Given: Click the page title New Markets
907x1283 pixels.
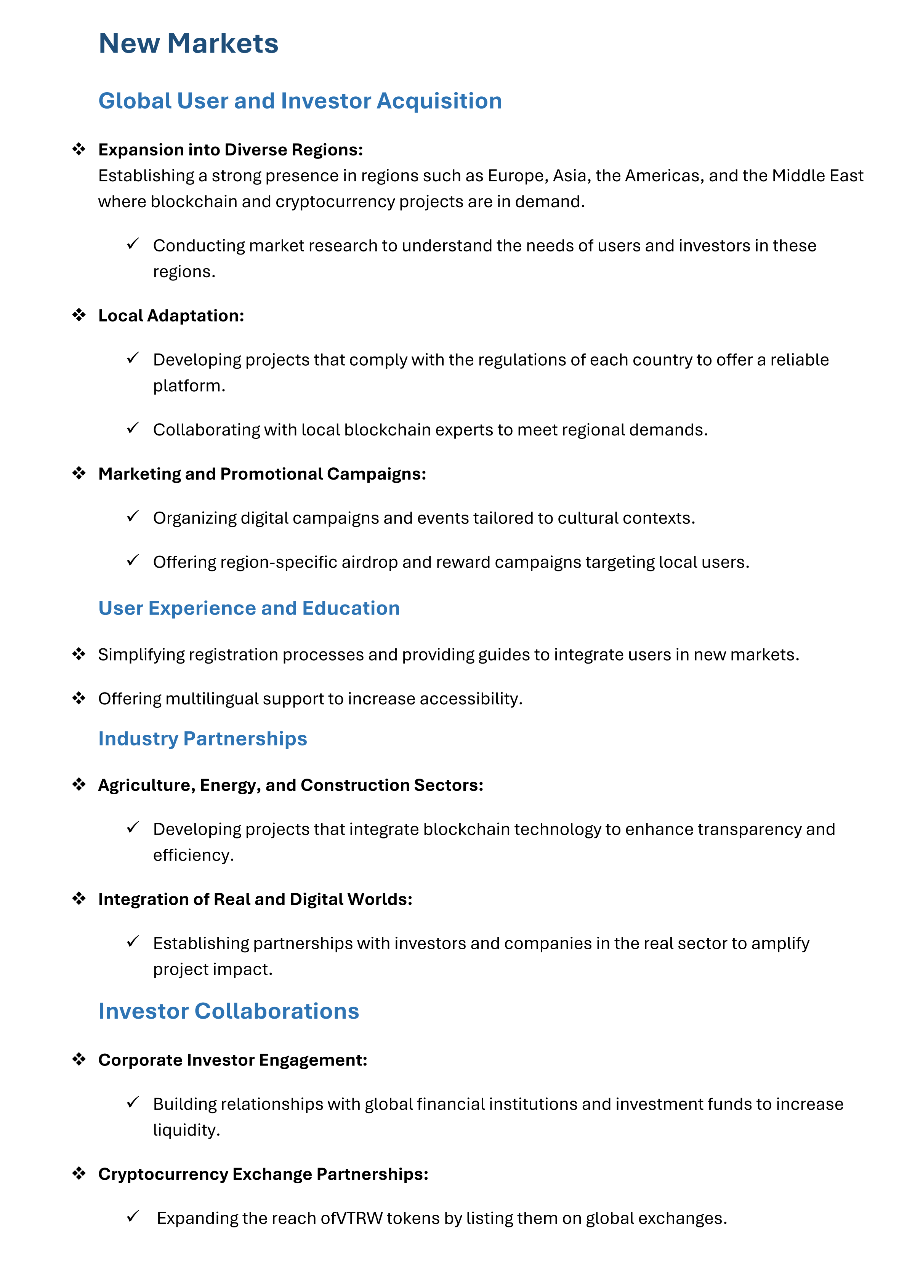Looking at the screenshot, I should [x=188, y=43].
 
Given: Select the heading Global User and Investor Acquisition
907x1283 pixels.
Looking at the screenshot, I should [x=300, y=101].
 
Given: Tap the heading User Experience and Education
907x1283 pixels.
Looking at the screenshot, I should [x=249, y=608].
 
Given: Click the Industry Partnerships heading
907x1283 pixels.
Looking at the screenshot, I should [x=202, y=739].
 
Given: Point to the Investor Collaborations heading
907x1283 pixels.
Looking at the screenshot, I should [x=228, y=1011].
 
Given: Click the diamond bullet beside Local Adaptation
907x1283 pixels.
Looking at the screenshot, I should [x=79, y=315].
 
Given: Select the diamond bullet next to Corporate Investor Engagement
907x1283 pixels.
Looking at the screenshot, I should [x=79, y=1059].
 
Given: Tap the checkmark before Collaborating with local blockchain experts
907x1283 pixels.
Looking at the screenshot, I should [x=133, y=429].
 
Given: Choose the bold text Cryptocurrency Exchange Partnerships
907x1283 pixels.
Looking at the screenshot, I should [x=263, y=1174].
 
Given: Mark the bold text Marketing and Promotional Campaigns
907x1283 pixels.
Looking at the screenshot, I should [x=262, y=474].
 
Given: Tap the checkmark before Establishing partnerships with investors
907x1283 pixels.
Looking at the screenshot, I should [x=133, y=942].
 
